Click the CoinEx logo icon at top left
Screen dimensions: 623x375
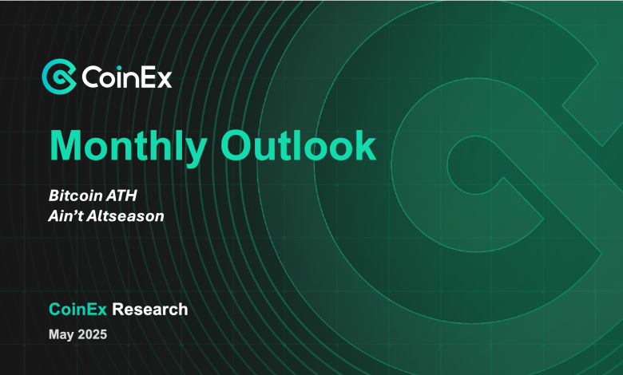pos(59,76)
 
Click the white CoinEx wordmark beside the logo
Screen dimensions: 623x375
pos(127,77)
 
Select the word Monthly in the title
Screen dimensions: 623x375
pos(128,147)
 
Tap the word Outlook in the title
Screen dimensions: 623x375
pos(298,146)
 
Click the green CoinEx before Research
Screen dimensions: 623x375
pos(78,309)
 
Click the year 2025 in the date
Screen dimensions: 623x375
pos(93,334)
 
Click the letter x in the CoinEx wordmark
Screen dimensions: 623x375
pos(164,79)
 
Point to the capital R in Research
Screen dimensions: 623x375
pos(118,309)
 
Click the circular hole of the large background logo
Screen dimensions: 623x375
pos(474,164)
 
